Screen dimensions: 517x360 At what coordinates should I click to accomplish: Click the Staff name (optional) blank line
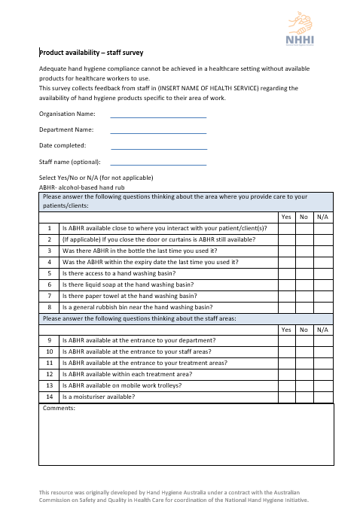(158, 162)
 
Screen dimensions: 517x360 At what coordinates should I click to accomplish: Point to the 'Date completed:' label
(63, 145)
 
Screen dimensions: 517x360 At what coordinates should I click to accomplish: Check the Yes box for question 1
(286, 228)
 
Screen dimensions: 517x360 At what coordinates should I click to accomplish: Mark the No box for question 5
(304, 273)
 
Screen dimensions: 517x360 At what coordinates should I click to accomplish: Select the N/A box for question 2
(323, 239)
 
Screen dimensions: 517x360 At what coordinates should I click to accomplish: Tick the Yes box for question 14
(286, 397)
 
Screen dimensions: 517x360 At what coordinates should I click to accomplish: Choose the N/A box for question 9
(323, 340)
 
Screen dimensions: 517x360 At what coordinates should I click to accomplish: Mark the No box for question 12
(304, 374)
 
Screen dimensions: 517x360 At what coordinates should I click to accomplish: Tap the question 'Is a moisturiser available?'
(99, 397)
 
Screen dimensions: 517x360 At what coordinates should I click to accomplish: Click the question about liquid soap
(117, 284)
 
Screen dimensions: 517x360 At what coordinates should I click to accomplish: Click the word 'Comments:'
(59, 409)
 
